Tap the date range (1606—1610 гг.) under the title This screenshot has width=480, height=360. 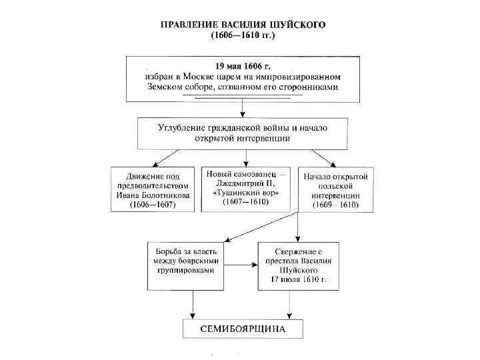(243, 36)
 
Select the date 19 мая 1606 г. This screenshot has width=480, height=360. (243, 67)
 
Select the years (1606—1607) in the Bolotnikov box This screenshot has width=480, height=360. (153, 206)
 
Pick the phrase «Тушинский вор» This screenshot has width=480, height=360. (246, 193)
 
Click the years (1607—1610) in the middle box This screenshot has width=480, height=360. (246, 202)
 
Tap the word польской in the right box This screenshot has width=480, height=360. (335, 187)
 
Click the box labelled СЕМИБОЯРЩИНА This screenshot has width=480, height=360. (243, 329)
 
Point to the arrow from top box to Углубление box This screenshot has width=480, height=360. (243, 109)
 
